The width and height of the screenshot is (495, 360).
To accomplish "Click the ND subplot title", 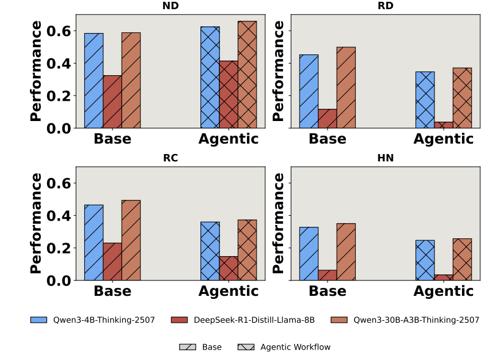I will click(170, 6).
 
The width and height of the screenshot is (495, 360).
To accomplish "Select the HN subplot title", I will click(386, 158).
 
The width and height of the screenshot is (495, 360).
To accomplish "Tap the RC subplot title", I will click(170, 158).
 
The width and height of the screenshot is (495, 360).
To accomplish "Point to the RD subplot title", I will click(386, 6).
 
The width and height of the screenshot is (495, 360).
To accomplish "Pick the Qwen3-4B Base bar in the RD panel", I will click(309, 91).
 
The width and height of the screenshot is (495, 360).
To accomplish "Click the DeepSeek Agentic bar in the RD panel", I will click(444, 125).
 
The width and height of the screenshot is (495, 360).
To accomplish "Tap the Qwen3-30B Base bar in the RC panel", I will click(131, 240).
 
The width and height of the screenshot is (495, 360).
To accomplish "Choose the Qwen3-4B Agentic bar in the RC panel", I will click(210, 251).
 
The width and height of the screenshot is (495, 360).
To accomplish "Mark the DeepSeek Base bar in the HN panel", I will click(328, 275).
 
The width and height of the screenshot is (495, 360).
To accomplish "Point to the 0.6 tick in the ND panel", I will click(64, 31).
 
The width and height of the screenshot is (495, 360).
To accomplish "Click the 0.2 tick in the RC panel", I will click(64, 248).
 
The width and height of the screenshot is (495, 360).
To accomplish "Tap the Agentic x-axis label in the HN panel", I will click(444, 292).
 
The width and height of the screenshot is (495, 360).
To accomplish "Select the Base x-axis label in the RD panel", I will click(328, 139).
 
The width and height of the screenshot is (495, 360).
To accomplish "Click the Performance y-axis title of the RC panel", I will click(37, 223).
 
